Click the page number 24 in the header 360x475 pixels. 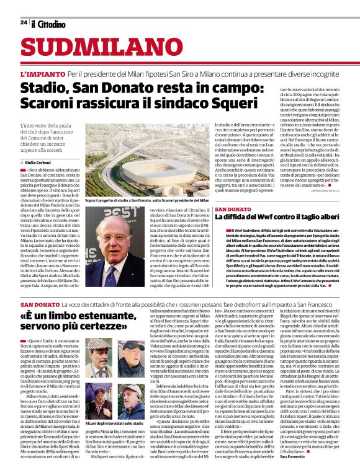coord(24,23)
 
